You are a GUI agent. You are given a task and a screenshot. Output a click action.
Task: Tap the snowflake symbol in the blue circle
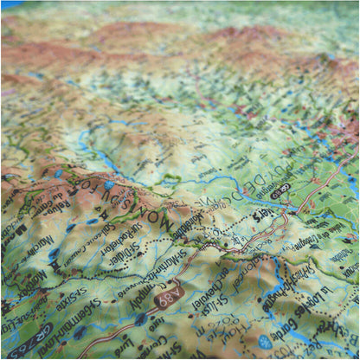tap(265, 342)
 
